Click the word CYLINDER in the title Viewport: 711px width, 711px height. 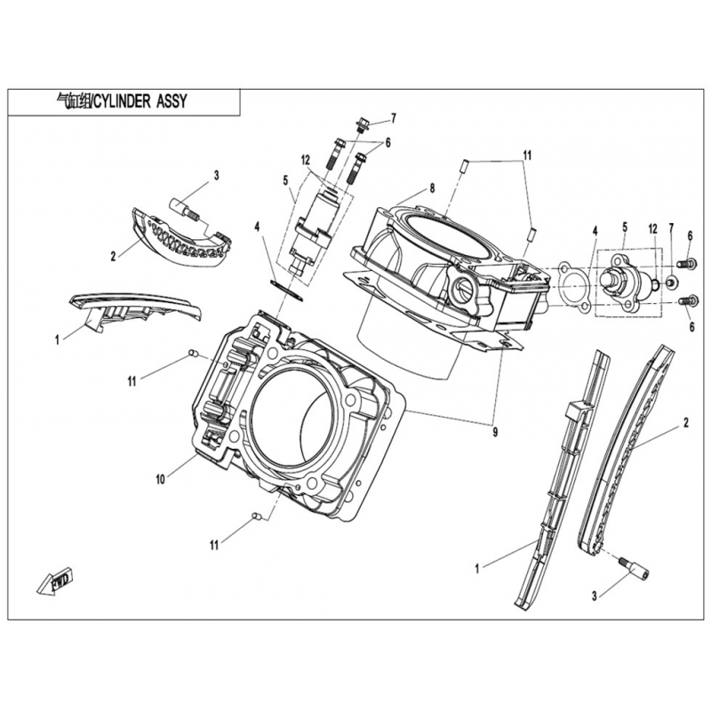tap(122, 101)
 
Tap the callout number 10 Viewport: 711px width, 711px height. tap(161, 479)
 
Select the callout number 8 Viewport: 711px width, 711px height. tap(432, 188)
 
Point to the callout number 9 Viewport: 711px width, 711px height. tap(495, 433)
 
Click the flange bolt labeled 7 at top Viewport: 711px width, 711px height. tap(362, 124)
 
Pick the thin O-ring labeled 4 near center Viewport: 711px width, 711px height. tap(286, 290)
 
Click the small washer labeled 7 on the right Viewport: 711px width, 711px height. tap(671, 282)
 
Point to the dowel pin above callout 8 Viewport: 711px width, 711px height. tap(465, 165)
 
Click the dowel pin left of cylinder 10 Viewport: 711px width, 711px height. tap(193, 353)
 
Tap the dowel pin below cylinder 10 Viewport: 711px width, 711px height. tap(257, 516)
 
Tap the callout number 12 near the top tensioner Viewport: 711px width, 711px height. tap(305, 160)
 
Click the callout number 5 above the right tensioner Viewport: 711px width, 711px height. tap(625, 228)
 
